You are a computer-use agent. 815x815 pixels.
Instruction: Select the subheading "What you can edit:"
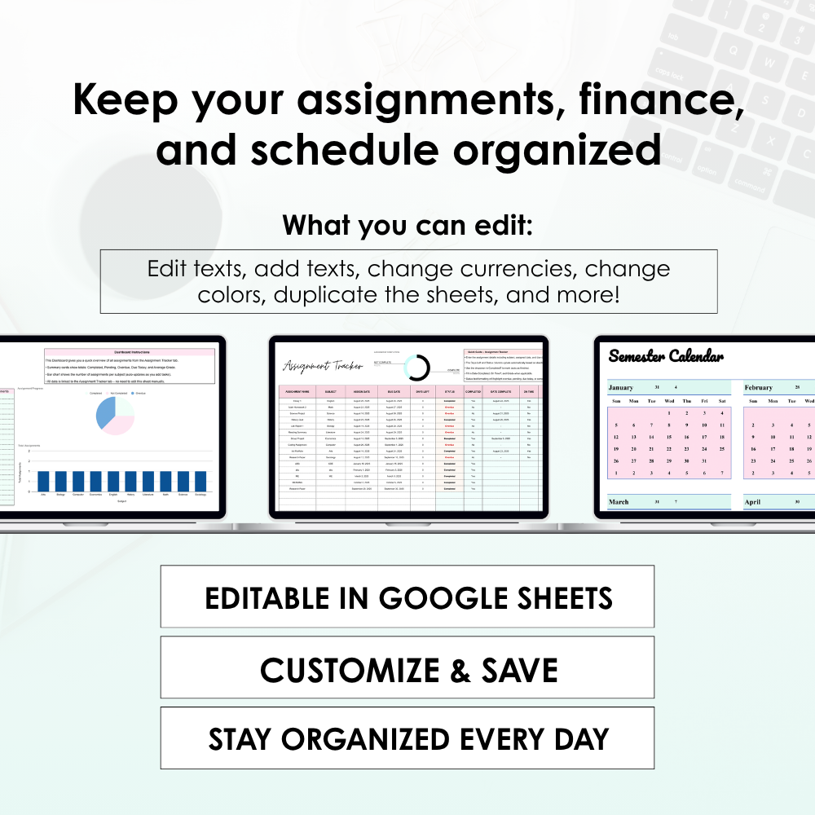point(407,226)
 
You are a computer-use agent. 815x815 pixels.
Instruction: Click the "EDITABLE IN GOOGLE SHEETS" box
point(407,597)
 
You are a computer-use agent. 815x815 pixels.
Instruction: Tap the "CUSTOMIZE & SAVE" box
point(407,670)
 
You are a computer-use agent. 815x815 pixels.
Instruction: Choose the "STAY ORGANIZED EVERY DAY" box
point(407,738)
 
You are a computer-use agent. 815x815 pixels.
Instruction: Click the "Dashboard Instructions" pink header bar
point(130,352)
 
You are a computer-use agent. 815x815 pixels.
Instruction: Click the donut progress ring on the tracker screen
point(418,368)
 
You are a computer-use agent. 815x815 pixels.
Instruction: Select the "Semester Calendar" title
point(666,356)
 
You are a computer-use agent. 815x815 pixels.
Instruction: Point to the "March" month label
point(619,502)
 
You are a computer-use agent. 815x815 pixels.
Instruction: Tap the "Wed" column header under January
point(669,401)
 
